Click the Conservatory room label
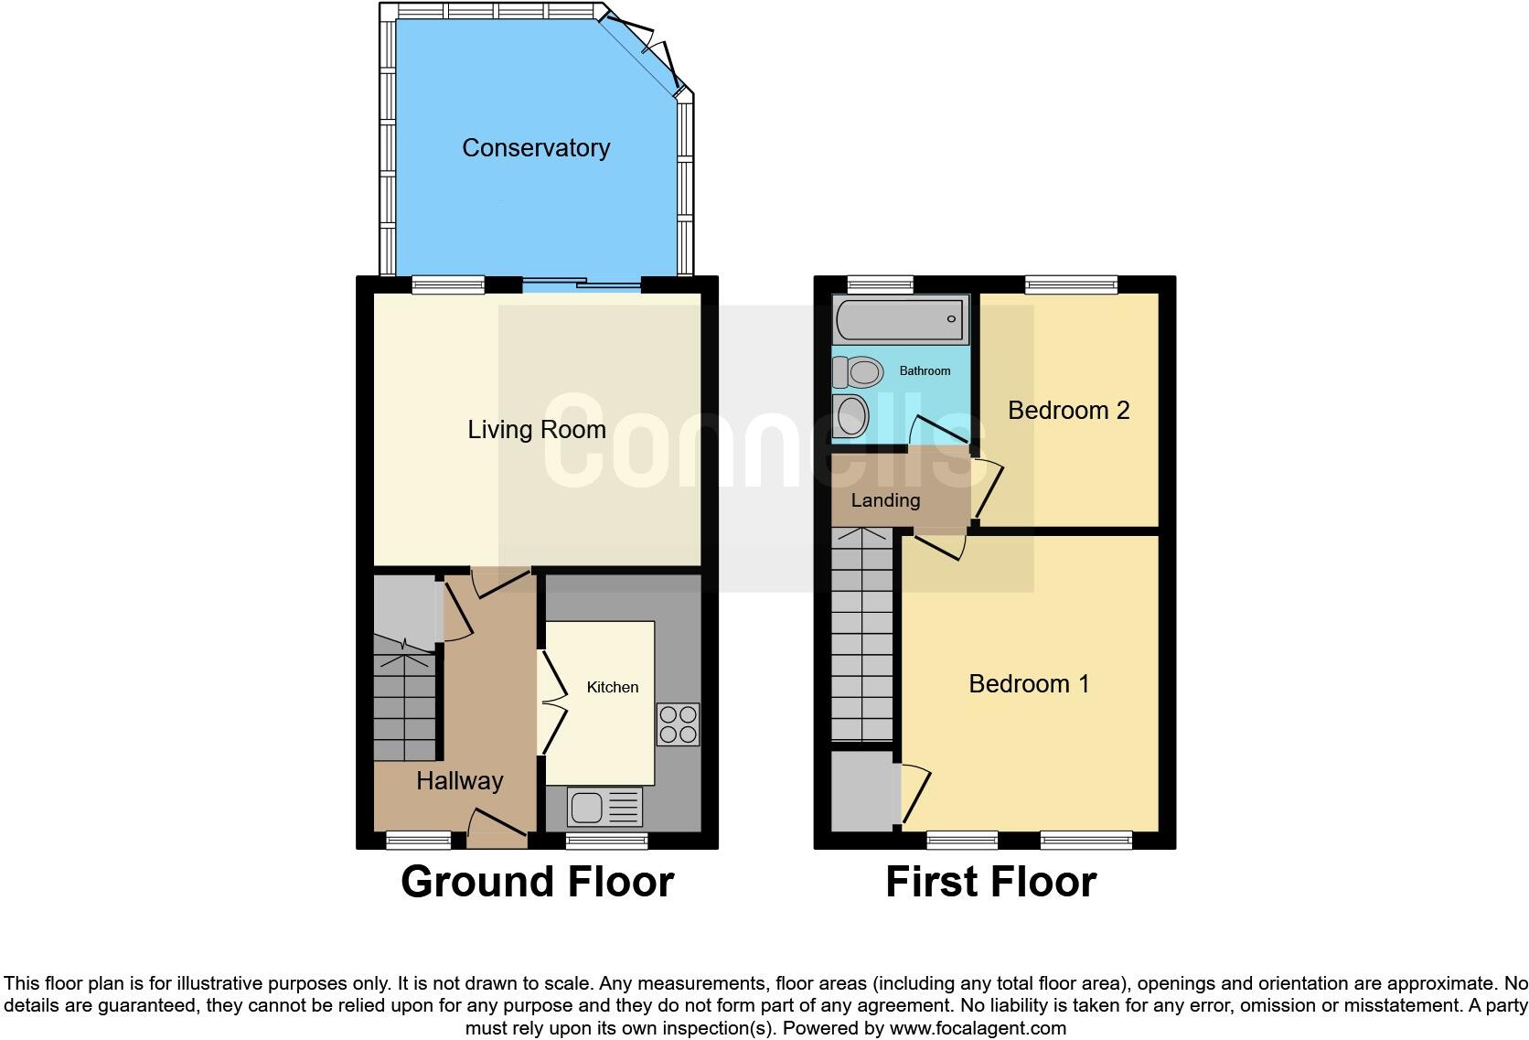pos(535,148)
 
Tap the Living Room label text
pos(536,430)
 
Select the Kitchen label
pos(612,687)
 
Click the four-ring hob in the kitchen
pos(678,724)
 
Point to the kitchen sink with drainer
pos(604,807)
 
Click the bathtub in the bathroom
pos(900,319)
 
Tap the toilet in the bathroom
pos(858,372)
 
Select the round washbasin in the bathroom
pos(850,417)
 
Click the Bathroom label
pos(925,370)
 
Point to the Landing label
pos(884,500)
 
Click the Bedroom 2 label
pos(1068,411)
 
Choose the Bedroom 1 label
pos(1029,684)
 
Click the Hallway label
pos(459,781)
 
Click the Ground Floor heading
pos(537,882)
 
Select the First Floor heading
pos(990,882)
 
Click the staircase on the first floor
pos(861,640)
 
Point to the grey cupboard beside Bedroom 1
pos(862,789)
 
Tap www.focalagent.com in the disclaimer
pos(977,1028)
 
